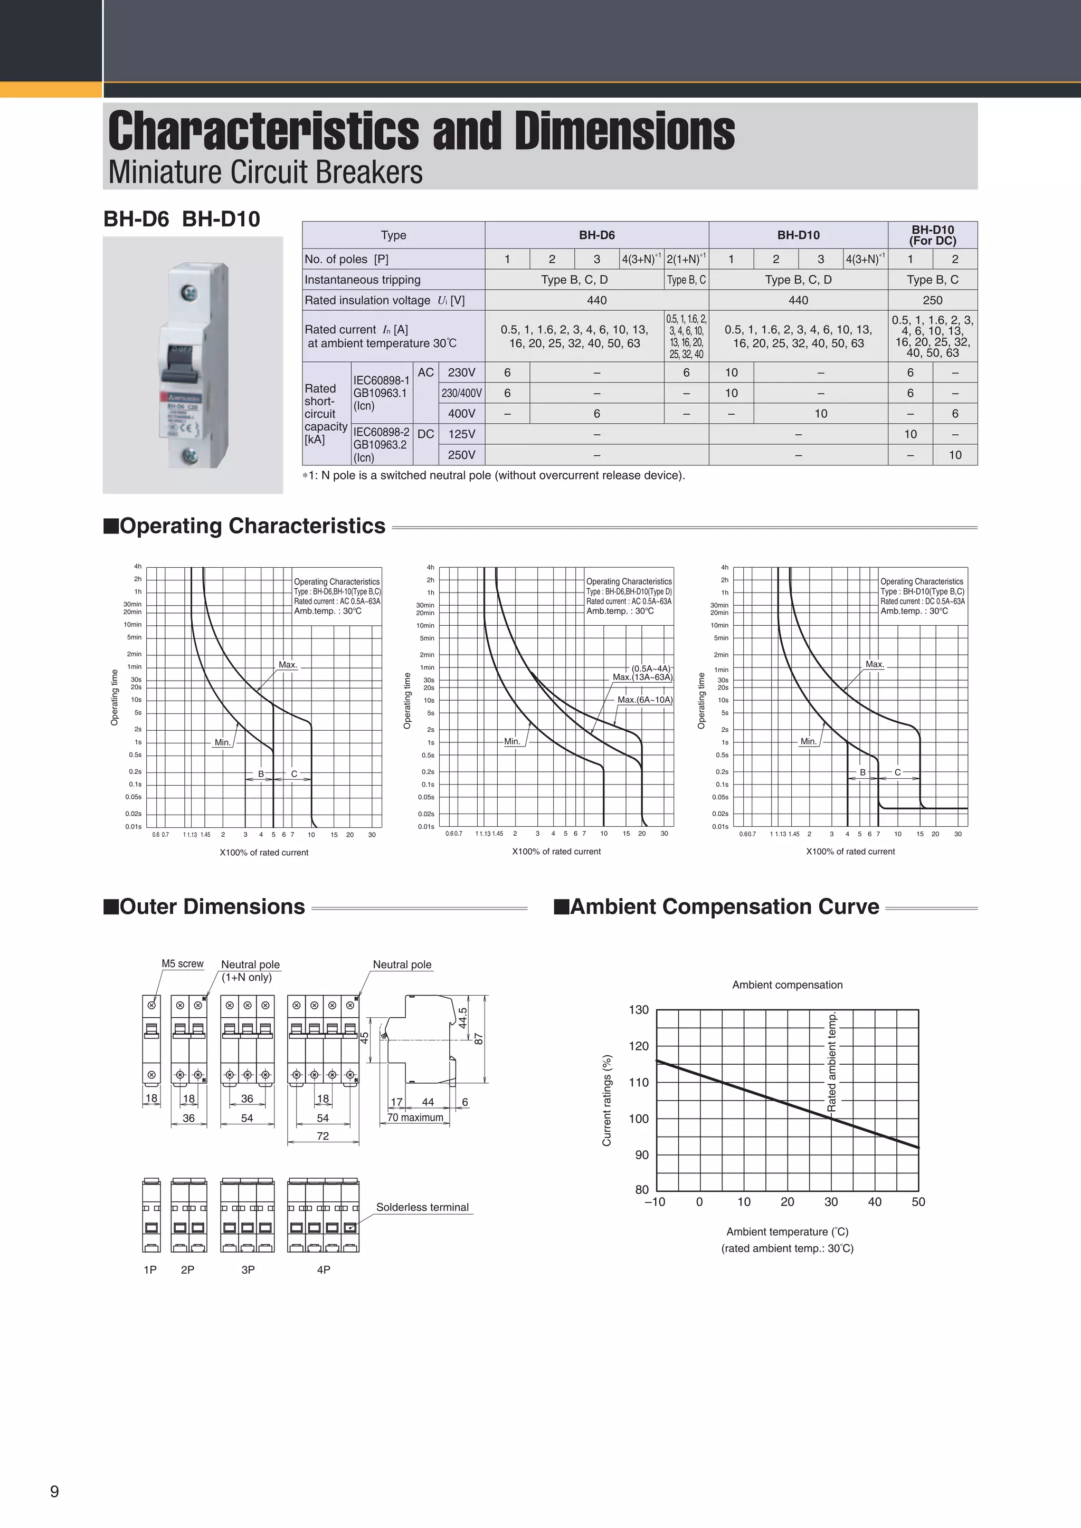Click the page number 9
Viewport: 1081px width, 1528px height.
pos(54,1492)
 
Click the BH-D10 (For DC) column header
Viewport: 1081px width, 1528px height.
pos(933,235)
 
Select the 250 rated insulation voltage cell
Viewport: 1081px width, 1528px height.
pos(933,300)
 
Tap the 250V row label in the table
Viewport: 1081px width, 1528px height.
pos(461,454)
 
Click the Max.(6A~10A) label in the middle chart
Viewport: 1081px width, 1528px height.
pos(644,700)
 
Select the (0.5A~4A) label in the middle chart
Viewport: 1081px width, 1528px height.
pos(650,668)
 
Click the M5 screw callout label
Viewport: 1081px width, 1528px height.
pos(183,963)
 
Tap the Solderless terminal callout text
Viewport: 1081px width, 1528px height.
pos(422,1207)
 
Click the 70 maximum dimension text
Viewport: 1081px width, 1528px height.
pos(415,1118)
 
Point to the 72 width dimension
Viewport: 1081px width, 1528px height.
pos(323,1135)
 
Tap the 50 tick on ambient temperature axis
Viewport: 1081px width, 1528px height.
pos(918,1201)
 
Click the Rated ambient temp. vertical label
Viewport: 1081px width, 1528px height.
pos(831,1062)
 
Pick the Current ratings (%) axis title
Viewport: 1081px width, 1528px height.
pos(606,1100)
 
